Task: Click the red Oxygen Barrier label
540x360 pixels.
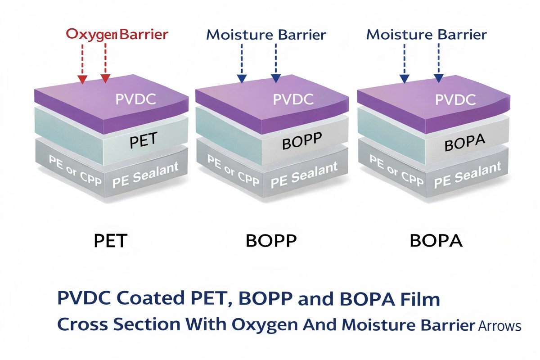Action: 117,34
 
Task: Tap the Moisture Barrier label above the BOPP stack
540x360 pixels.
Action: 266,35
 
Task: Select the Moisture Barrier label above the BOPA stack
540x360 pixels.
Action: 427,35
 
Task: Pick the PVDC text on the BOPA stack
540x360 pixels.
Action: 455,99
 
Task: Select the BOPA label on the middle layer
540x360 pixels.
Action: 464,144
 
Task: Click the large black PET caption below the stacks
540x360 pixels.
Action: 111,242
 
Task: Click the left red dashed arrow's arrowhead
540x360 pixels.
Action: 82,80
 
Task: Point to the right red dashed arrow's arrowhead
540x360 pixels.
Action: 105,79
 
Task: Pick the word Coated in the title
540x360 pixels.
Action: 152,299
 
